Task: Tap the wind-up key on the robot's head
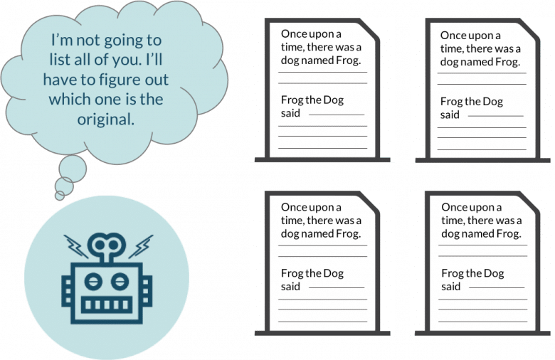pos(108,246)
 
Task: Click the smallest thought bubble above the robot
pos(62,193)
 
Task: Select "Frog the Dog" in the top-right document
pos(471,101)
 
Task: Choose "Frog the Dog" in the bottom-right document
pos(472,273)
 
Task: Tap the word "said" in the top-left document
pos(291,114)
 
